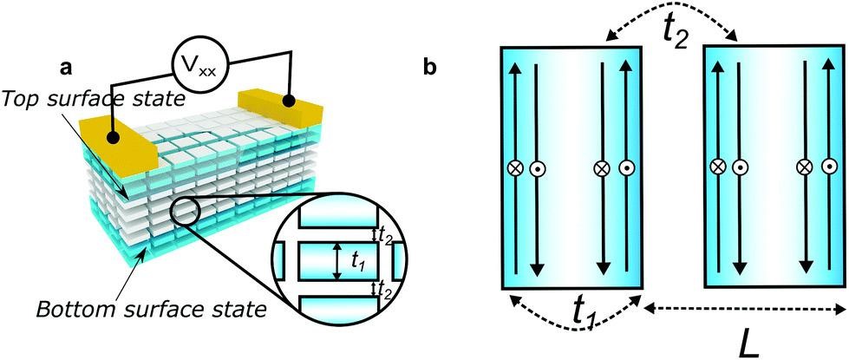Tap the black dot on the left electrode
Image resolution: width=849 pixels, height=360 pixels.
tap(114, 137)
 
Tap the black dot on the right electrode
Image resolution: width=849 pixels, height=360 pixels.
tap(292, 102)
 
